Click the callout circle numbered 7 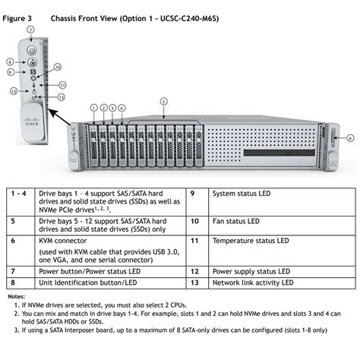[x=30, y=29]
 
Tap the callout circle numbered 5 [x=163, y=101]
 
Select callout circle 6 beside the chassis [x=349, y=138]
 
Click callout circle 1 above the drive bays [x=93, y=108]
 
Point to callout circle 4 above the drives [x=122, y=108]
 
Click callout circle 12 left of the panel [x=14, y=90]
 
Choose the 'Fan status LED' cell [x=235, y=222]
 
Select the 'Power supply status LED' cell [x=251, y=270]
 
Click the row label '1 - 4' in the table [x=18, y=194]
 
